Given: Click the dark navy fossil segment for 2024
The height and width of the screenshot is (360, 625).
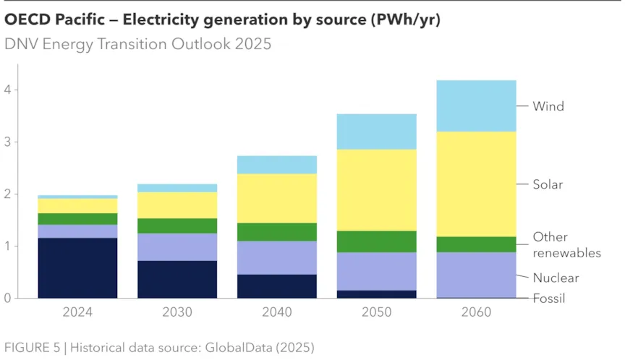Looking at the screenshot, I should coord(77,267).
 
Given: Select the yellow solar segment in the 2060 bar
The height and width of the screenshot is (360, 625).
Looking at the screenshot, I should coord(476,184).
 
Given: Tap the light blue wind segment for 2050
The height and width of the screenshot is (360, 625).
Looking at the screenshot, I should coord(376,132).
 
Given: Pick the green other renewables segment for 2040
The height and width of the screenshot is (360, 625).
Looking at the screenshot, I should coord(277,231).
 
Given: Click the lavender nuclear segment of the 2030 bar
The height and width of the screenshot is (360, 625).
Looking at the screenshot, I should coord(177,247).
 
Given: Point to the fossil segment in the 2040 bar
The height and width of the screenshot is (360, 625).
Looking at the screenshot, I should coord(277,286).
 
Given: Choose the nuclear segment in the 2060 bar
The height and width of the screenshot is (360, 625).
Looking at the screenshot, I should coord(476,274).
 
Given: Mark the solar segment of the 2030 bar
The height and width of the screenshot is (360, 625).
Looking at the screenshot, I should coord(177,205).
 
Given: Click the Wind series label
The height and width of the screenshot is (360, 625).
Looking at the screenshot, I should coord(548,106).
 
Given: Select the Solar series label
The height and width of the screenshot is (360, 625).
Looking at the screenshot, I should coord(548,184).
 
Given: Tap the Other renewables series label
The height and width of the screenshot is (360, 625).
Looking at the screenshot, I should coord(566,245).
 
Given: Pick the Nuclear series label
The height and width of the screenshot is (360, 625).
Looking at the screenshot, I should coord(556,278).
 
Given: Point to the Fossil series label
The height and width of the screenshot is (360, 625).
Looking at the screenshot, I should coord(548,298).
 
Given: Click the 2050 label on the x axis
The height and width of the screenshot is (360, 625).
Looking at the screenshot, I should coord(376,312).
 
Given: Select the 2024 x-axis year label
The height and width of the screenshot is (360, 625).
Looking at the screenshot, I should coord(77,312).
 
